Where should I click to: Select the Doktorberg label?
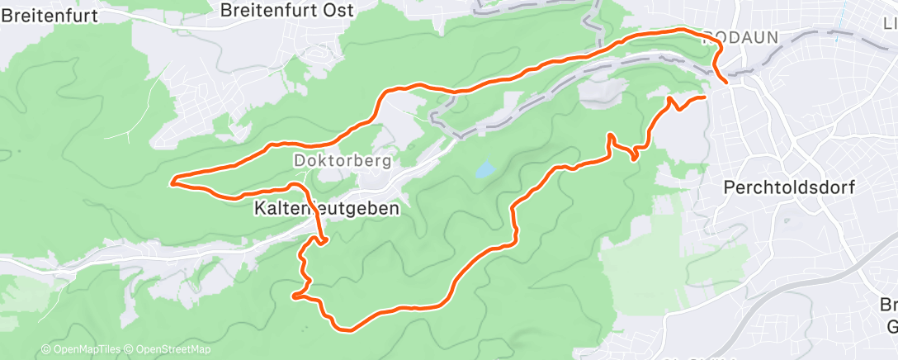[342, 159]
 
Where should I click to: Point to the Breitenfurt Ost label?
[288, 10]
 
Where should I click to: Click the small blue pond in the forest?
[484, 170]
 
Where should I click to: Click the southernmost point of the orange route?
[350, 330]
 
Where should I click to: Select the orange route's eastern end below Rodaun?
[706, 97]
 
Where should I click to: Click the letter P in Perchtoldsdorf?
[729, 187]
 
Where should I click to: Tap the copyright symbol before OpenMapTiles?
[46, 350]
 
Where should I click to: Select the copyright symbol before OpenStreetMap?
[130, 350]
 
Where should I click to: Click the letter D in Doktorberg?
[299, 159]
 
